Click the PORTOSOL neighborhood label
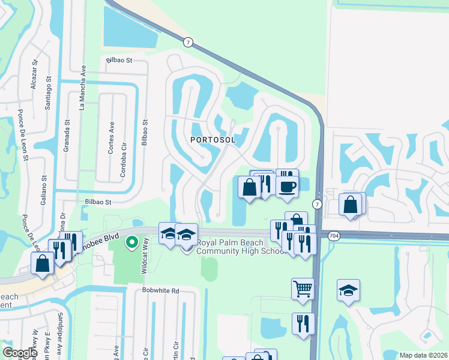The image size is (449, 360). [212, 139]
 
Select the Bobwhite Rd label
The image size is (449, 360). [161, 291]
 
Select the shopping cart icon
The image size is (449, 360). [303, 289]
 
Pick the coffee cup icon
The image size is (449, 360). [287, 186]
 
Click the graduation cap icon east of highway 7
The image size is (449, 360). [348, 290]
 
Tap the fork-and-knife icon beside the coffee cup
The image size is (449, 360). [264, 183]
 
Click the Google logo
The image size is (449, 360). [20, 353]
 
